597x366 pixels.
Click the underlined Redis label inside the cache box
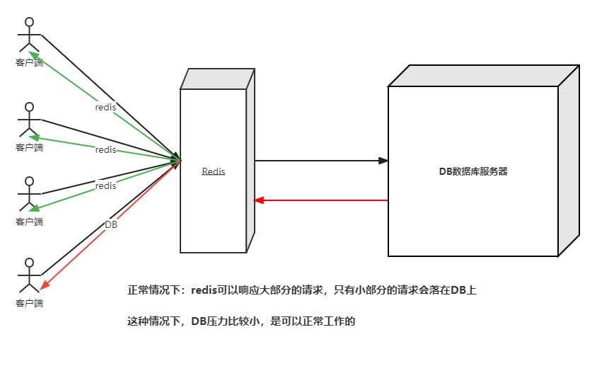(213, 171)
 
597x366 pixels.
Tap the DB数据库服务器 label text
(473, 171)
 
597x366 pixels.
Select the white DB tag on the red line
(111, 224)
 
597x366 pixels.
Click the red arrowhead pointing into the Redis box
(259, 200)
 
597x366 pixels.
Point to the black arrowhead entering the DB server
(384, 161)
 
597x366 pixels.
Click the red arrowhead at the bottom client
(45, 285)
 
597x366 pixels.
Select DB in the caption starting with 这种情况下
(197, 321)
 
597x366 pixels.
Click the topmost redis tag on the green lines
(105, 108)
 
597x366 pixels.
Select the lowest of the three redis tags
(105, 186)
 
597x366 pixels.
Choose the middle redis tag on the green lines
(105, 149)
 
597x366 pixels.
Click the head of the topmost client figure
(30, 21)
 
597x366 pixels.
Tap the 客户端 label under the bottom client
(30, 303)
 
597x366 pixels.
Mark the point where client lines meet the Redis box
(180, 161)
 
